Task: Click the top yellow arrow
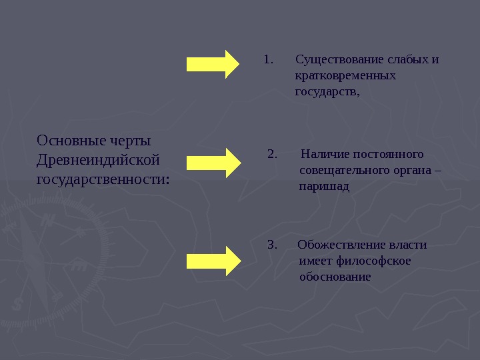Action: click(x=213, y=64)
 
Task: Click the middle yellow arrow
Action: click(x=213, y=163)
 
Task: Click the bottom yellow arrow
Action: click(x=213, y=261)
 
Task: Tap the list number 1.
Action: click(x=268, y=59)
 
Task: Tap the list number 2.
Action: click(x=272, y=155)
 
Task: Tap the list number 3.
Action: click(x=271, y=245)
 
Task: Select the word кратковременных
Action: click(x=345, y=75)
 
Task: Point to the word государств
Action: click(x=326, y=91)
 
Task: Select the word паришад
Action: click(x=324, y=187)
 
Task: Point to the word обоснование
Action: click(x=335, y=276)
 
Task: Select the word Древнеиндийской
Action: click(x=99, y=160)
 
